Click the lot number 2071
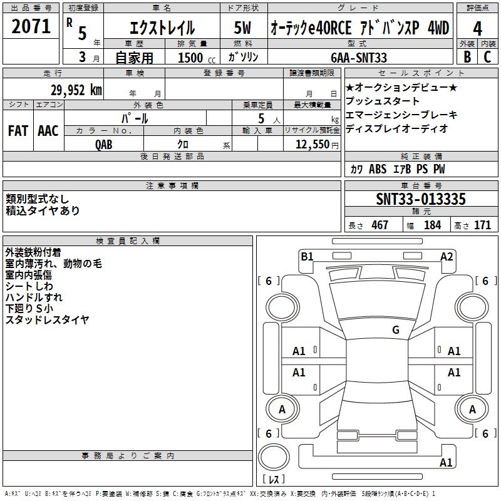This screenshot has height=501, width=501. coord(31,26)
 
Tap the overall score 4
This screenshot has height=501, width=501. coord(477,29)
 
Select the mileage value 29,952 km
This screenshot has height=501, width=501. coord(76,90)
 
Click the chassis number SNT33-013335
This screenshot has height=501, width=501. coord(421,199)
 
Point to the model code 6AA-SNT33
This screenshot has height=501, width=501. coord(359,58)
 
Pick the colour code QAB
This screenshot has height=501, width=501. coord(104,145)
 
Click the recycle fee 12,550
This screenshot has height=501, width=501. coord(312,145)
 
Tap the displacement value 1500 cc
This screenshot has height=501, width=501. coord(197,58)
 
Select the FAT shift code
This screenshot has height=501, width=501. coord(18,131)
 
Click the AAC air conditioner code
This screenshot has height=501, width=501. coord(48,131)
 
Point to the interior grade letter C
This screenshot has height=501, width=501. coord(487,57)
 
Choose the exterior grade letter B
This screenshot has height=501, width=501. coord(467,57)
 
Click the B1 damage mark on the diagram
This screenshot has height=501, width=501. coord(307,257)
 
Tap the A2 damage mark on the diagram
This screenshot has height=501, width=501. coord(447,257)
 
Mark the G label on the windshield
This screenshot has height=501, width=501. coord(396,330)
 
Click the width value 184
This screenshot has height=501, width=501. coord(432,225)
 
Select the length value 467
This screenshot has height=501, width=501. coord(380,225)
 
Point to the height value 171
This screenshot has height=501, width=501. coord(482,225)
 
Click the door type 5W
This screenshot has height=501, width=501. coord(242,28)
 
